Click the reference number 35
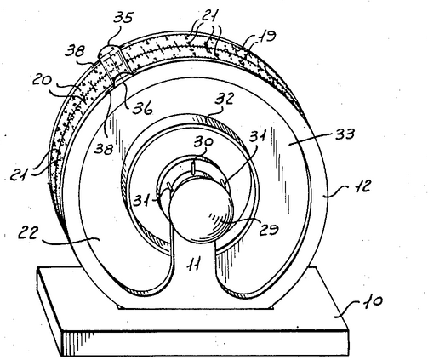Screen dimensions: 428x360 click(x=123, y=18)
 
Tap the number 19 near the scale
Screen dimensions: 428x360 click(x=266, y=37)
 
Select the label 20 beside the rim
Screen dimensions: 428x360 click(x=42, y=80)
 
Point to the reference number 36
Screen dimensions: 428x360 click(x=143, y=107)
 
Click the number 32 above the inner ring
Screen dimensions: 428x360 click(x=225, y=99)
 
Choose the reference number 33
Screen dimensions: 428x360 click(x=345, y=134)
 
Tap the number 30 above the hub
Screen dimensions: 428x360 click(x=203, y=142)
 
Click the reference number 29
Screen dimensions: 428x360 click(x=269, y=229)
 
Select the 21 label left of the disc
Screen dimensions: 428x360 click(x=20, y=175)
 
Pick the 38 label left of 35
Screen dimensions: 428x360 click(x=75, y=51)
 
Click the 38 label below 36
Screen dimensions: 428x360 click(x=104, y=149)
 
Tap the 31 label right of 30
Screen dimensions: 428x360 click(x=258, y=137)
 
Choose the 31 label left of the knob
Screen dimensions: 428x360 click(x=143, y=201)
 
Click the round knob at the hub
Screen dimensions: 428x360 click(x=202, y=209)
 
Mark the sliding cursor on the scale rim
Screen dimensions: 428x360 click(x=113, y=63)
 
